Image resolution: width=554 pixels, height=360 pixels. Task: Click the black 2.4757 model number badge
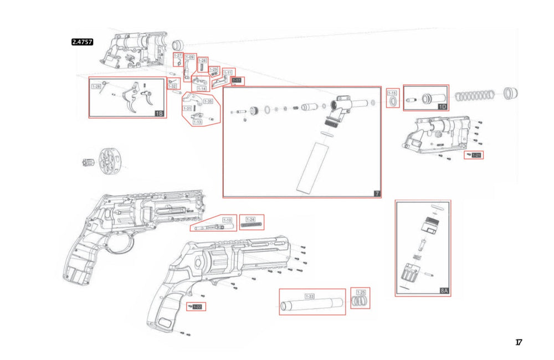[83, 41]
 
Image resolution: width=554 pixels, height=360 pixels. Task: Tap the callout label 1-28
[96, 86]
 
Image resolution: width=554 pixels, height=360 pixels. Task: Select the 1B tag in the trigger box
[158, 114]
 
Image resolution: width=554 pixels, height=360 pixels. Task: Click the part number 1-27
[178, 56]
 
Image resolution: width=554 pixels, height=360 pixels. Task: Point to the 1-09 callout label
[189, 57]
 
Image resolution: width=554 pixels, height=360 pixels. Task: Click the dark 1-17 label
[237, 80]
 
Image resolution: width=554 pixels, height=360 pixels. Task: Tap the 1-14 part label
[202, 88]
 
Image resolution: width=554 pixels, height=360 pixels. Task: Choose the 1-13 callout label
[197, 122]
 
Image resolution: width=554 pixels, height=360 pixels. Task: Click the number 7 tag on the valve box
[376, 193]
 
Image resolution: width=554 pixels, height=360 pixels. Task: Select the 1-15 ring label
[392, 93]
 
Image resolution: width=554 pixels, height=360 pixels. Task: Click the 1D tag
[442, 106]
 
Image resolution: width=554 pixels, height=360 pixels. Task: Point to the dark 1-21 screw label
[476, 155]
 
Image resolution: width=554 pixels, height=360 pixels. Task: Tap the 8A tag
[444, 290]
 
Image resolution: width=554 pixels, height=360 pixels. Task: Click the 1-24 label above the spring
[250, 219]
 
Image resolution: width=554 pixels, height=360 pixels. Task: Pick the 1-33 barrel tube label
[310, 297]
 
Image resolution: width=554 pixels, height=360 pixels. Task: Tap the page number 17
[519, 342]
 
